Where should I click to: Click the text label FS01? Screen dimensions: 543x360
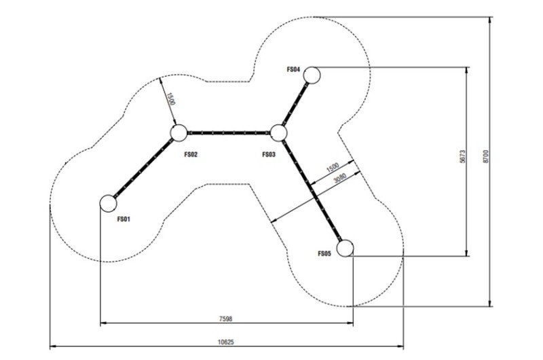pos(124,219)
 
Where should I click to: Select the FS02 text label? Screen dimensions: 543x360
pos(191,155)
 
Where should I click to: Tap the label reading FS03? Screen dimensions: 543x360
pos(269,155)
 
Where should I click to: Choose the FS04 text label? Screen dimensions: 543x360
pos(293,69)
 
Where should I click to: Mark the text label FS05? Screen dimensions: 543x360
pos(324,253)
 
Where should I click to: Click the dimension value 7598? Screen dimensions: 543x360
pos(226,319)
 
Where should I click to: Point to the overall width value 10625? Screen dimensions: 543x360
pos(226,342)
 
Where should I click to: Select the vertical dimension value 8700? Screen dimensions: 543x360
pos(485,157)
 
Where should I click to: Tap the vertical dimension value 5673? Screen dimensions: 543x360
pos(463,157)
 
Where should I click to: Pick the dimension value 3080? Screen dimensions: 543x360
pos(340,178)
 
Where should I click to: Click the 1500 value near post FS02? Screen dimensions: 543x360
pos(171,98)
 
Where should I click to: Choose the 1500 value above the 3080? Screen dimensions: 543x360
pos(333,167)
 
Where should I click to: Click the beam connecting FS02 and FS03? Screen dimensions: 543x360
pos(229,132)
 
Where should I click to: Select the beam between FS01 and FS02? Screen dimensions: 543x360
pos(143,168)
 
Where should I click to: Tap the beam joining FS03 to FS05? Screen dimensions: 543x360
pos(312,190)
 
